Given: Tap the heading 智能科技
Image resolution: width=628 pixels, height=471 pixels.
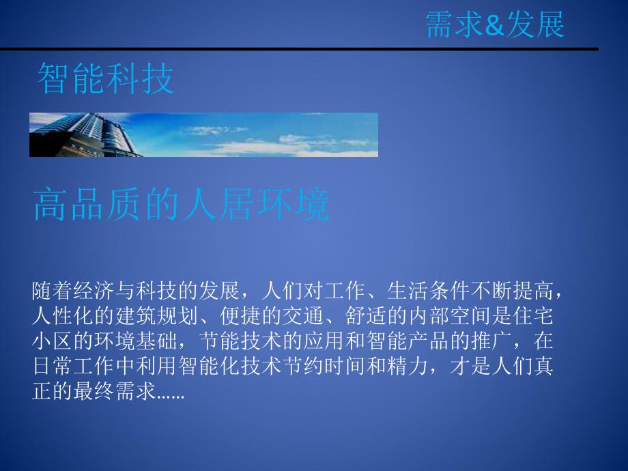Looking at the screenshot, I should tap(106, 78).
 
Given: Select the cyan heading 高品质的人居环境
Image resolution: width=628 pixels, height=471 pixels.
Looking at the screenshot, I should tap(181, 205).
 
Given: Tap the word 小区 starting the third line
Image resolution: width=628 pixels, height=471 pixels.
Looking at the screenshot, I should tap(52, 341).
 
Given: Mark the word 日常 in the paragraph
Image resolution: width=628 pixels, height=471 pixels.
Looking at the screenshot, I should tap(52, 365).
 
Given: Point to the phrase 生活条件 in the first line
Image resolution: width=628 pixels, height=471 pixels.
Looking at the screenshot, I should tap(427, 292).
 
